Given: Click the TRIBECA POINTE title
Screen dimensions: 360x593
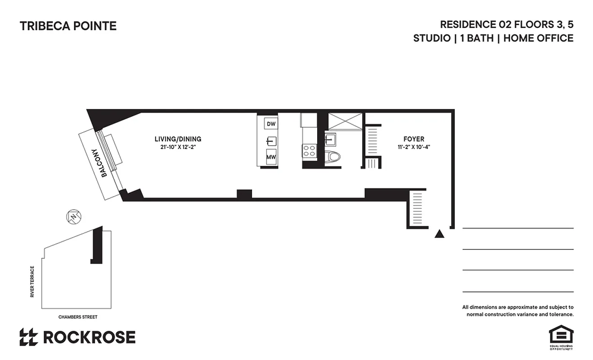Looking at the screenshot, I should pos(68,26).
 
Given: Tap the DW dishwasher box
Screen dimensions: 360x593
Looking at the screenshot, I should pos(271,124).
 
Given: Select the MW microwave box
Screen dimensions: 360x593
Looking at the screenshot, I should pos(271,157).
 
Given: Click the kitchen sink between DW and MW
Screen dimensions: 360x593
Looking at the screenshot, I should pos(271,140).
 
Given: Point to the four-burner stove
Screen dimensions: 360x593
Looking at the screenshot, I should pos(309,150).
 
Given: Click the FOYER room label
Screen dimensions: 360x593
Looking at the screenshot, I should pos(413,139).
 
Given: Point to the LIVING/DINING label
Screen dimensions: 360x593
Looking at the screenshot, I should pos(178,139).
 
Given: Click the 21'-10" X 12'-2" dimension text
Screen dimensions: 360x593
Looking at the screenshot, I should pos(178,147).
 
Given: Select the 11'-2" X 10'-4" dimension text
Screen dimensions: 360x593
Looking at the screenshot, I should pos(413,147).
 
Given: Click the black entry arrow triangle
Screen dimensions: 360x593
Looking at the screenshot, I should pos(440,234).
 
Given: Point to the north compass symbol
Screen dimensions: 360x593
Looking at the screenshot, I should pos(73,216).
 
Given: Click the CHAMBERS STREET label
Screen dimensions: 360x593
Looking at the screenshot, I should pos(77,317).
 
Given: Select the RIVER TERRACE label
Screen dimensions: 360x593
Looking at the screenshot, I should pos(32,282).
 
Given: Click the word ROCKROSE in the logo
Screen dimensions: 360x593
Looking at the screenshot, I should pos(89,337).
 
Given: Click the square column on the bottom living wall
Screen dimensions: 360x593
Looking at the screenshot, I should pos(244,194).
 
